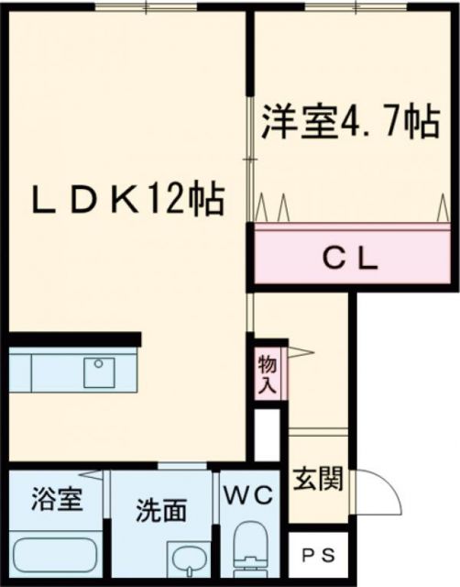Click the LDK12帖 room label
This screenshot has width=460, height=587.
click(129, 198)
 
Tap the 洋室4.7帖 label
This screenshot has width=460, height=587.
click(352, 124)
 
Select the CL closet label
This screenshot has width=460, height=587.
click(352, 259)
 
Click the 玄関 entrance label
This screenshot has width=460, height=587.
click(319, 479)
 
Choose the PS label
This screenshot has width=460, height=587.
click(320, 554)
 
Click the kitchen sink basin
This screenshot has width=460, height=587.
click(98, 372)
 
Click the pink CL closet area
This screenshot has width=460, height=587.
click(302, 260)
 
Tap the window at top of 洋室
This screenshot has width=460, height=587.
click(339, 8)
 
